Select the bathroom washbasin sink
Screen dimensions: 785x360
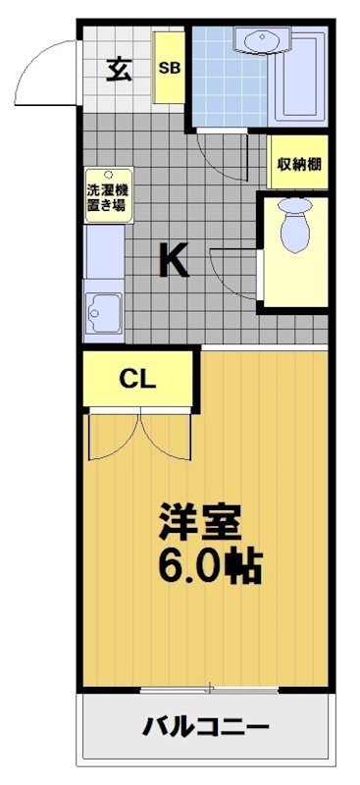point(261,41)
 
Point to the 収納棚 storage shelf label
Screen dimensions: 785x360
point(299,164)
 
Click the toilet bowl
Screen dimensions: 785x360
point(294,227)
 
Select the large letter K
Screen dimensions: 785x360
point(174,261)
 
